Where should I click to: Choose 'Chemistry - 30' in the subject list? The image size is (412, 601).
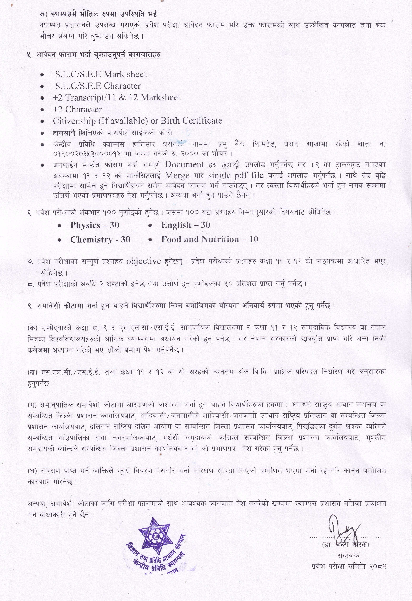pos(100,240)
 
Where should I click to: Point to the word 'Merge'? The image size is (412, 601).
pos(177,176)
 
